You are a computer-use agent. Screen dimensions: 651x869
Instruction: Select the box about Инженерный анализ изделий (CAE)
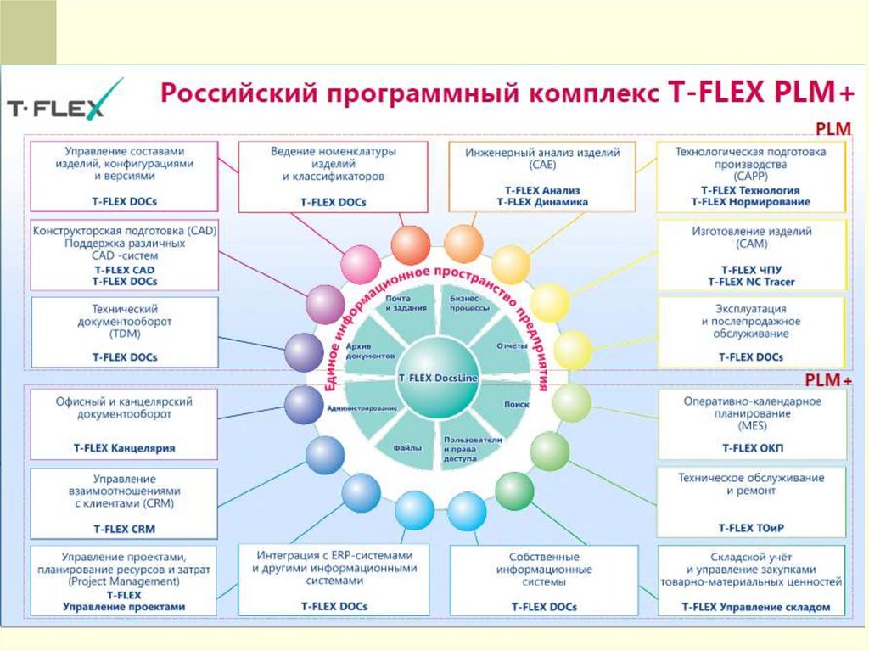[542, 177]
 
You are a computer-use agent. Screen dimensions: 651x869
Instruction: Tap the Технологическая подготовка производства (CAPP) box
[750, 177]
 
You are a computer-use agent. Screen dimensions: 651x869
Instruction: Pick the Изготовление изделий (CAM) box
[751, 255]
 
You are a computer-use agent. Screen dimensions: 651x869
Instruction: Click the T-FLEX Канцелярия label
[125, 447]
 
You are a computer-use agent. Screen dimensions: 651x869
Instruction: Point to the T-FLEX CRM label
[125, 528]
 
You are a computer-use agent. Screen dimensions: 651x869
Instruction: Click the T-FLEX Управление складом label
[752, 607]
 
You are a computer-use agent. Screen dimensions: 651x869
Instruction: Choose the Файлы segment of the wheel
[404, 445]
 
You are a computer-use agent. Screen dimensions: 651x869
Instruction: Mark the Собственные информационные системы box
[544, 581]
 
